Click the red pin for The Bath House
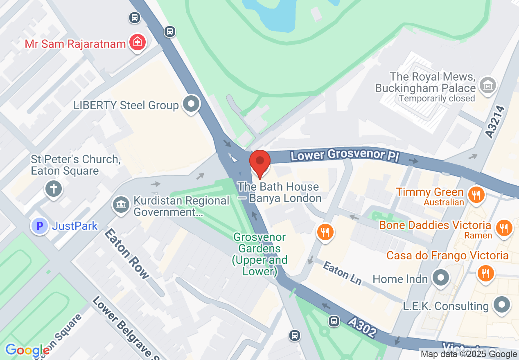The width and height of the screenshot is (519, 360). pyautogui.click(x=259, y=163)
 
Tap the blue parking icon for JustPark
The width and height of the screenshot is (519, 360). pyautogui.click(x=41, y=225)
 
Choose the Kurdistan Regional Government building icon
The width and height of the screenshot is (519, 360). pyautogui.click(x=121, y=205)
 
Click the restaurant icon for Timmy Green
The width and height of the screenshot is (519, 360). pyautogui.click(x=475, y=195)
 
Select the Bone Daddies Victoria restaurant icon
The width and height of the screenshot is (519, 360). pyautogui.click(x=504, y=228)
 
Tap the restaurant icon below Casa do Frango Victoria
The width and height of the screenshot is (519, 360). pyautogui.click(x=485, y=273)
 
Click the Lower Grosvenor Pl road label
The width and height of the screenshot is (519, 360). pyautogui.click(x=343, y=155)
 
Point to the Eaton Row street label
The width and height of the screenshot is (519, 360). pyautogui.click(x=126, y=253)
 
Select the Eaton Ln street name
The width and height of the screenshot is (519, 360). pyautogui.click(x=342, y=273)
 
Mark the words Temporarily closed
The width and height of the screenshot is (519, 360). pyautogui.click(x=436, y=99)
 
